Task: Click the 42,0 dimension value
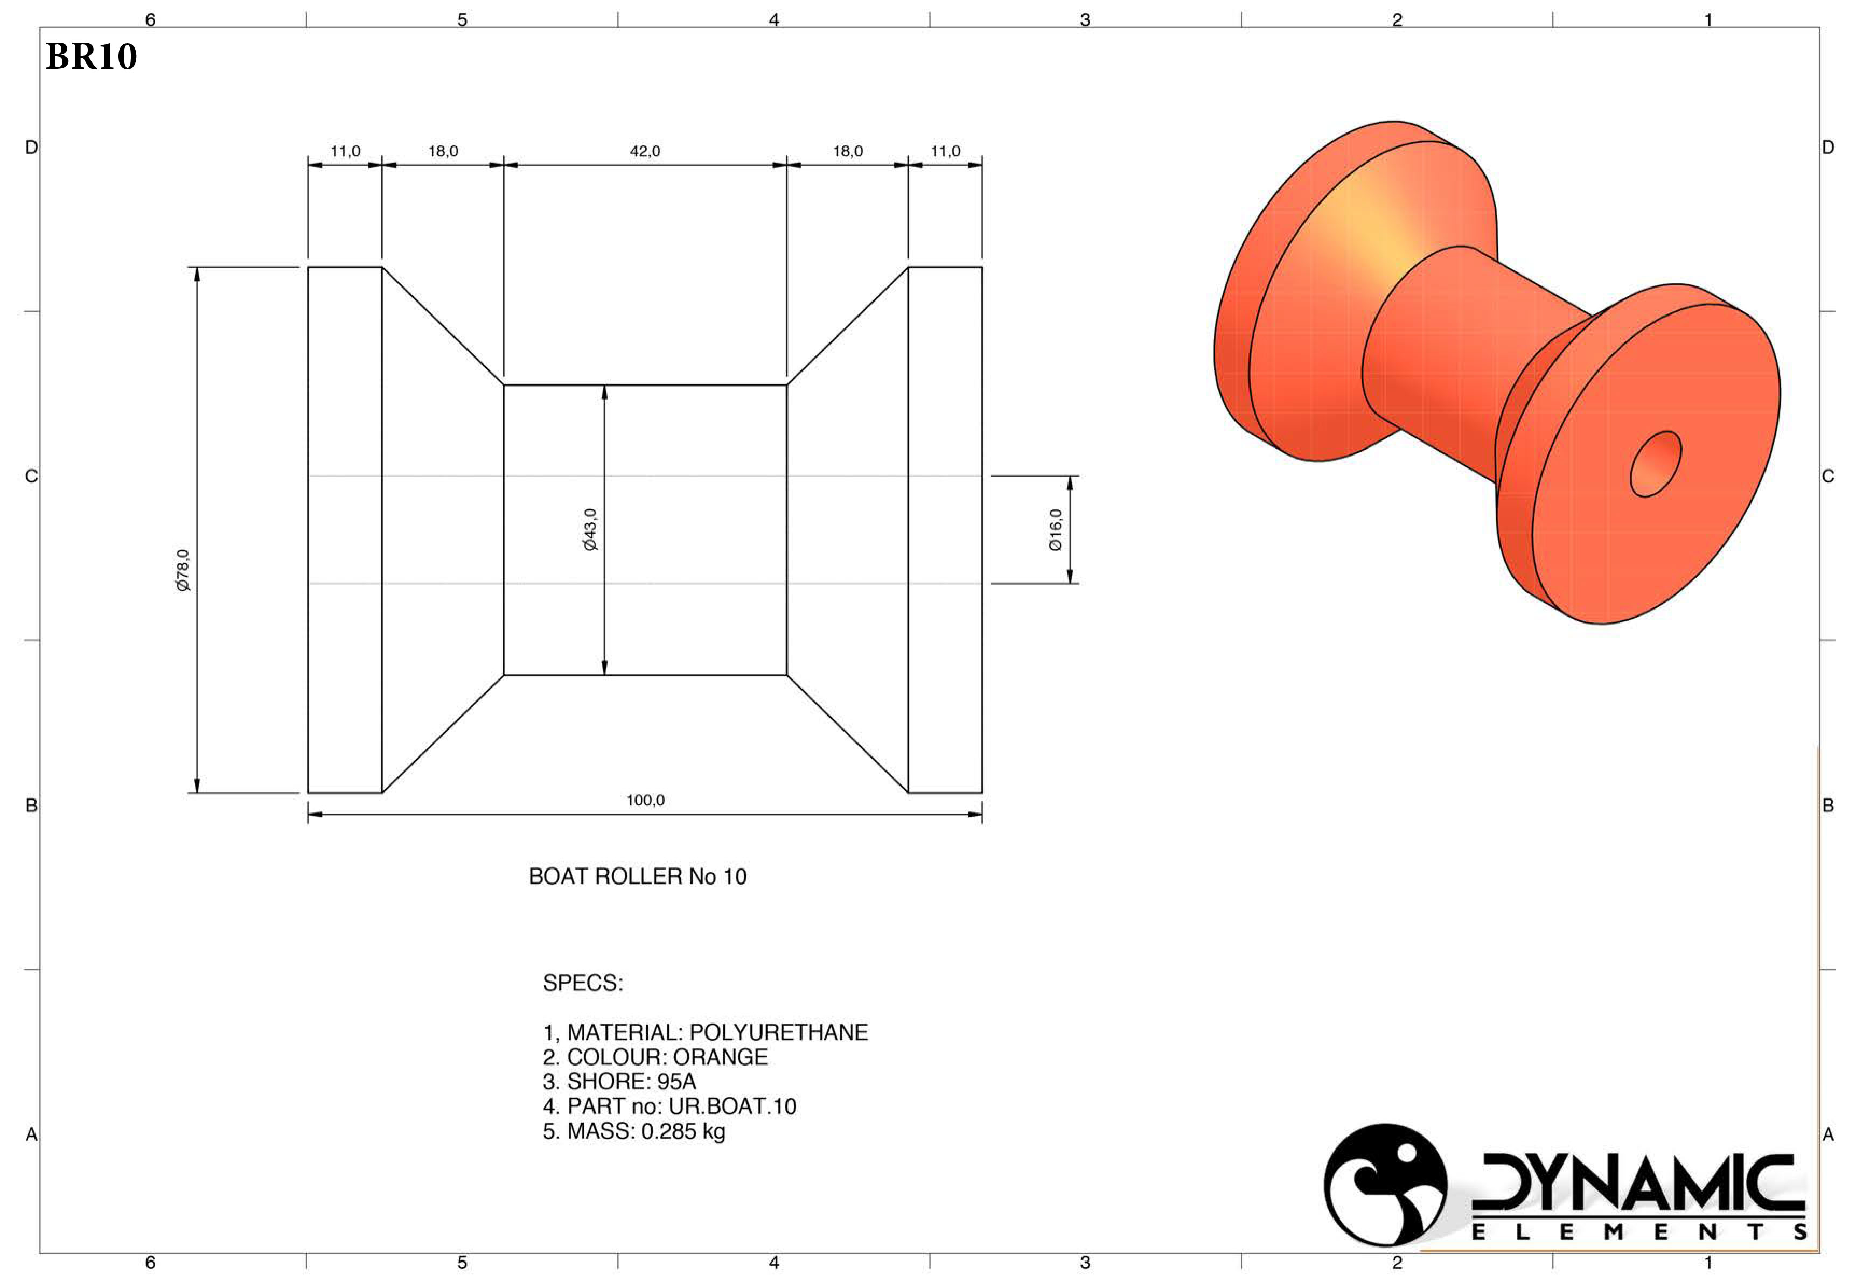pos(644,151)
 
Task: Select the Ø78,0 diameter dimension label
pos(183,570)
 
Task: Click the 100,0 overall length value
pos(645,800)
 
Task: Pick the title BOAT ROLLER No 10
pos(637,877)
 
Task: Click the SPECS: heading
pos(583,983)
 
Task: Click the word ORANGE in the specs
pos(720,1057)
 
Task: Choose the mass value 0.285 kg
pos(683,1131)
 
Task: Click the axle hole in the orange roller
pos(1655,464)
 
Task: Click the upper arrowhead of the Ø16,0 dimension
pos(1070,483)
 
